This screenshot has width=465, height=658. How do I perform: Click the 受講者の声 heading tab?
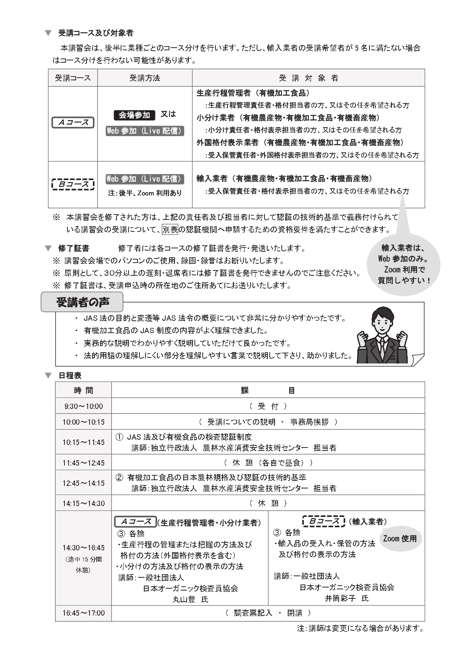(x=82, y=302)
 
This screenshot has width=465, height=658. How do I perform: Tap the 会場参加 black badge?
(x=134, y=115)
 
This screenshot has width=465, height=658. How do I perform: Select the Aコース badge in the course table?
(x=73, y=123)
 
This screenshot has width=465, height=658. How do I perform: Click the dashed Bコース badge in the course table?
(x=73, y=184)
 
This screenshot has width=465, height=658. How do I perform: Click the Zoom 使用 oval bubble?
(x=400, y=539)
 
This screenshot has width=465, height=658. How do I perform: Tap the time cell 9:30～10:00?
(x=83, y=406)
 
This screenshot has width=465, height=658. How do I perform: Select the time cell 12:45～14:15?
(x=83, y=483)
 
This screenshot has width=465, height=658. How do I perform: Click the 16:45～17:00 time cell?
(x=83, y=613)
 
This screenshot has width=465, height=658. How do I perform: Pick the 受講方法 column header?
(x=145, y=78)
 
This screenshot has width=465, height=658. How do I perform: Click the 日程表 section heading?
(x=70, y=376)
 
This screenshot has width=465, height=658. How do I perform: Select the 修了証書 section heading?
(x=73, y=248)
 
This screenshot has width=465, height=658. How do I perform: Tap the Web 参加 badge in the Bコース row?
(x=145, y=179)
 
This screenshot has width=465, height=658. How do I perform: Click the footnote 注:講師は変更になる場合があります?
(x=360, y=628)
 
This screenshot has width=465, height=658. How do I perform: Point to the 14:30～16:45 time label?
(x=83, y=548)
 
